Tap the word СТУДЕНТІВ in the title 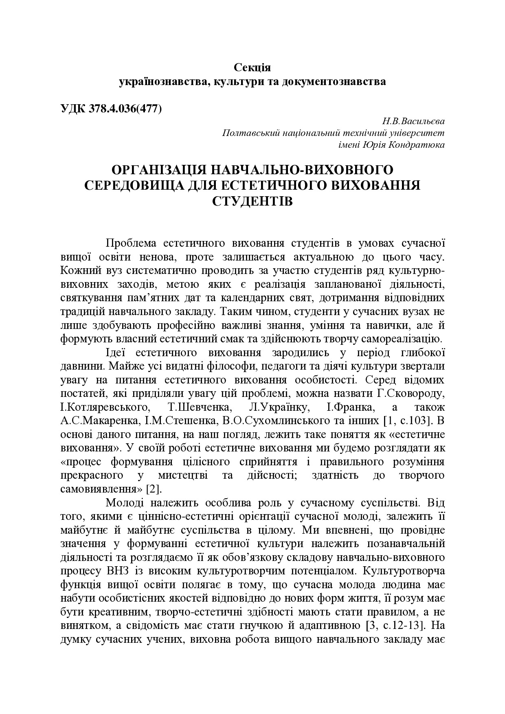point(253,201)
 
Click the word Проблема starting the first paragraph point(131,243)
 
